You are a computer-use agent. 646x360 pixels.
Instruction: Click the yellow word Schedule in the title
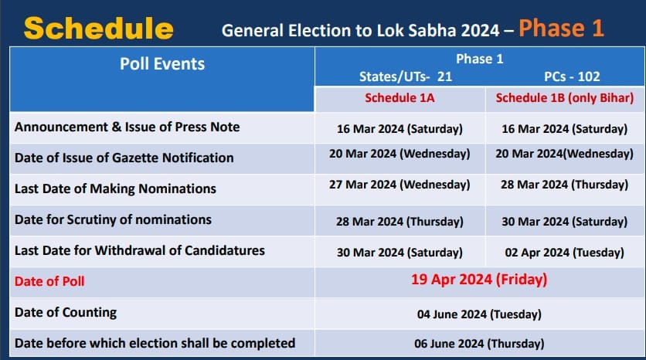tap(98, 28)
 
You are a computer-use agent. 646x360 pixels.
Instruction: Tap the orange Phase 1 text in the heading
tap(561, 29)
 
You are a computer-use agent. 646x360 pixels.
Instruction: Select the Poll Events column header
tap(162, 64)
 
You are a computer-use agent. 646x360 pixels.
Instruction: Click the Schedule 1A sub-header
tap(399, 97)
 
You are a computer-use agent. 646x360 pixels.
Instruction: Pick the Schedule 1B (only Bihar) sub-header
tap(564, 98)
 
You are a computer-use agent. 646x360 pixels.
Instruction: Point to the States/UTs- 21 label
tap(406, 76)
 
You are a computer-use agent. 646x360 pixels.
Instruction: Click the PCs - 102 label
tap(572, 76)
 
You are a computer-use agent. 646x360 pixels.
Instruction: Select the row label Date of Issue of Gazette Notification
tap(124, 158)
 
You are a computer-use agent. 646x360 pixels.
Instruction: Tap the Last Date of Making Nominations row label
tap(115, 188)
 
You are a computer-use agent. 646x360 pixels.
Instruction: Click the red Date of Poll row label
tap(49, 281)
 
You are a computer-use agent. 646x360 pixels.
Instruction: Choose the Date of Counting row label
tap(66, 312)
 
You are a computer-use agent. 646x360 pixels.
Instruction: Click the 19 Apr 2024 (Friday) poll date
tap(479, 279)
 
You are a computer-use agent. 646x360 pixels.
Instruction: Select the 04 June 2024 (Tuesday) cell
tap(479, 314)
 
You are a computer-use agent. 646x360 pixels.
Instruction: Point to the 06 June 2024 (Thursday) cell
tap(479, 343)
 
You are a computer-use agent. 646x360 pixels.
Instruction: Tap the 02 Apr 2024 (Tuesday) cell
tap(564, 252)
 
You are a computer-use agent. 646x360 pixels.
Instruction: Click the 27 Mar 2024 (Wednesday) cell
tap(399, 185)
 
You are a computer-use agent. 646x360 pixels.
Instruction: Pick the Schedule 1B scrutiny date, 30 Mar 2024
tap(564, 222)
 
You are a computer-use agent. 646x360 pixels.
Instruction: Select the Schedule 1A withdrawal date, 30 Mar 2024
tap(399, 252)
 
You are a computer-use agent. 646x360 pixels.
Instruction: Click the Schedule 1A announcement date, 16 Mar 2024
tap(399, 129)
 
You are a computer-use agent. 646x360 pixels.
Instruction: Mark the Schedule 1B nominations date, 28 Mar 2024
tap(564, 185)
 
